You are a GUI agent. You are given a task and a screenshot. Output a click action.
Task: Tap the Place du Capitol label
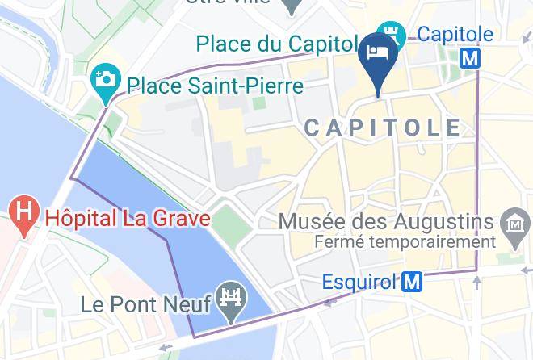click(x=275, y=41)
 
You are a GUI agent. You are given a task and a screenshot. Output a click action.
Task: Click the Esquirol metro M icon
click(x=413, y=282)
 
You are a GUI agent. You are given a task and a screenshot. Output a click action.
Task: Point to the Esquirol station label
click(x=359, y=282)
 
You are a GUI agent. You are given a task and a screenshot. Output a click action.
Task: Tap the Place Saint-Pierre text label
click(x=214, y=85)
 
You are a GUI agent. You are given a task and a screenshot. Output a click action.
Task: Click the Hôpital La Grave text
click(x=128, y=218)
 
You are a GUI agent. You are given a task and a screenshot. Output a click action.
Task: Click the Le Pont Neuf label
click(x=146, y=304)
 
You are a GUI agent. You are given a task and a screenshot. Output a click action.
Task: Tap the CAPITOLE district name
click(x=384, y=128)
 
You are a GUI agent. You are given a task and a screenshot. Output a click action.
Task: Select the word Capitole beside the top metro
click(x=455, y=34)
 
